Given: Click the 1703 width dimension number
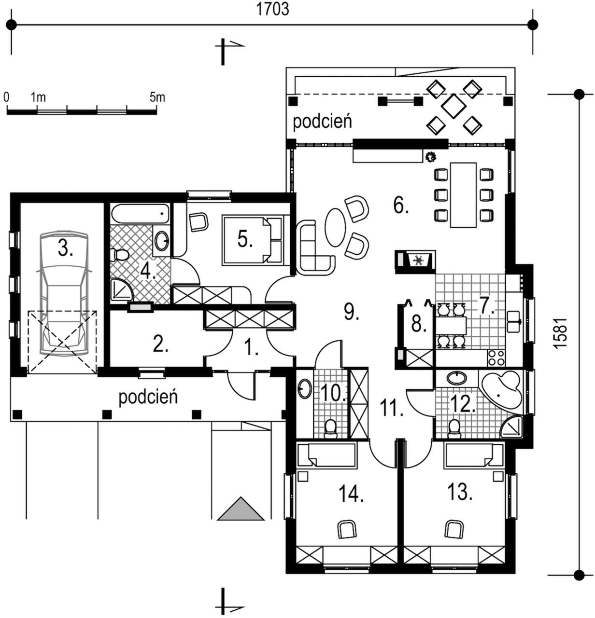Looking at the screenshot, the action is click(272, 10).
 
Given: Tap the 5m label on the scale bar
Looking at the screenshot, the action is click(157, 97).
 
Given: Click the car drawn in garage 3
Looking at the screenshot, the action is click(64, 294).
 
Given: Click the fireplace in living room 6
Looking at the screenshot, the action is click(415, 261).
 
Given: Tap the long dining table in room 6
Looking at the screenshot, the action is click(463, 195).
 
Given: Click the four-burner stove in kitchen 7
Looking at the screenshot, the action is click(496, 357).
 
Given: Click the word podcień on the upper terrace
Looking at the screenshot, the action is click(322, 122).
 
